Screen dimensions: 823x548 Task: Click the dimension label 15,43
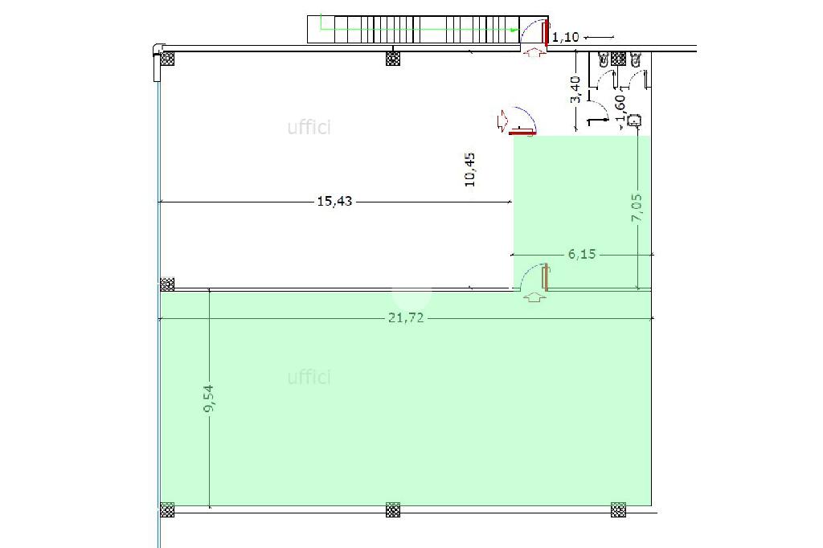pos(334,201)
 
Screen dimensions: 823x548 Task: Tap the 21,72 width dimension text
pos(406,317)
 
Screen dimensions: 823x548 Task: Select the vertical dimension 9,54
pos(209,399)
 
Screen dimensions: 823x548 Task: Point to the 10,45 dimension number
pos(469,170)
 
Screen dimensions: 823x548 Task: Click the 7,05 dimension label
pos(637,207)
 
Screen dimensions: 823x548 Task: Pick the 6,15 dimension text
pos(582,254)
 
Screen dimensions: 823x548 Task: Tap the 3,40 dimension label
pos(575,90)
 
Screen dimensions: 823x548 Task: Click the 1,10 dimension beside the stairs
pos(565,37)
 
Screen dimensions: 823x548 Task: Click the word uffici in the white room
pos(309,127)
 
